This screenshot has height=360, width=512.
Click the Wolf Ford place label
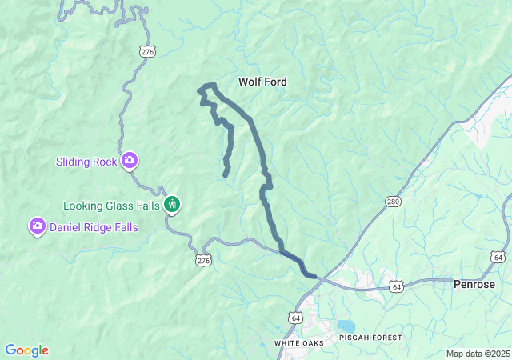coord(262,82)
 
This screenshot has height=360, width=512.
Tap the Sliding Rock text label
coord(86,162)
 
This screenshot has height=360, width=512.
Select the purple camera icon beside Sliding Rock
coord(130,162)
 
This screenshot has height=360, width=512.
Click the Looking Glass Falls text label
coord(112,206)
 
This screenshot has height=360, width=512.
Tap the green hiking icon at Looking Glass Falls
coord(172,206)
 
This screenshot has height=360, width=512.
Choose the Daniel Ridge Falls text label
coord(94,227)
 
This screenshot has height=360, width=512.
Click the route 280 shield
coord(391,201)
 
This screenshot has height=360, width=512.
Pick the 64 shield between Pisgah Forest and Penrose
coord(396,286)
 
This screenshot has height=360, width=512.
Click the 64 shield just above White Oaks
coord(295,318)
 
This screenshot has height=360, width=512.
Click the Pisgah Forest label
coord(370,338)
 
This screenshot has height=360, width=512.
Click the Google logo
coord(26,350)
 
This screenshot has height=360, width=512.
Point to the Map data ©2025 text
coord(477,354)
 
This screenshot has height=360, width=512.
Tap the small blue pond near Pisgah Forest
coord(346,326)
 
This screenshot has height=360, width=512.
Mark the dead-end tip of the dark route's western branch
coord(226,174)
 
